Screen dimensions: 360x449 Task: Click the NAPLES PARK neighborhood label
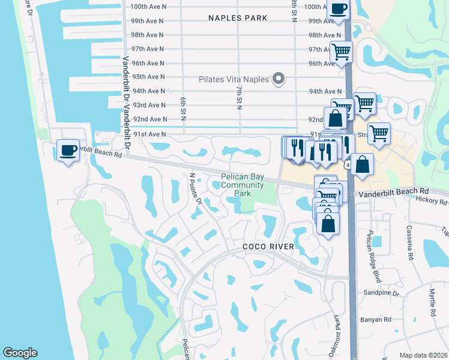click(238, 18)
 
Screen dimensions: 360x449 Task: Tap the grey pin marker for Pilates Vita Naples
click(278, 79)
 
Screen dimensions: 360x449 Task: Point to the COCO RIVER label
click(268, 247)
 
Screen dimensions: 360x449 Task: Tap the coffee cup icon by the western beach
click(68, 149)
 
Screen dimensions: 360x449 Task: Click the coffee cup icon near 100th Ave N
click(338, 9)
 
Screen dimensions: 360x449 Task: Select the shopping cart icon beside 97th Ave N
click(341, 52)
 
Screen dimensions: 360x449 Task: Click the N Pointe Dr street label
click(196, 189)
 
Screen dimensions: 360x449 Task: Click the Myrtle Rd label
click(432, 302)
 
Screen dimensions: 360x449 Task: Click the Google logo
click(20, 353)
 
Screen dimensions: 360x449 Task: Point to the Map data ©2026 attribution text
click(423, 355)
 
